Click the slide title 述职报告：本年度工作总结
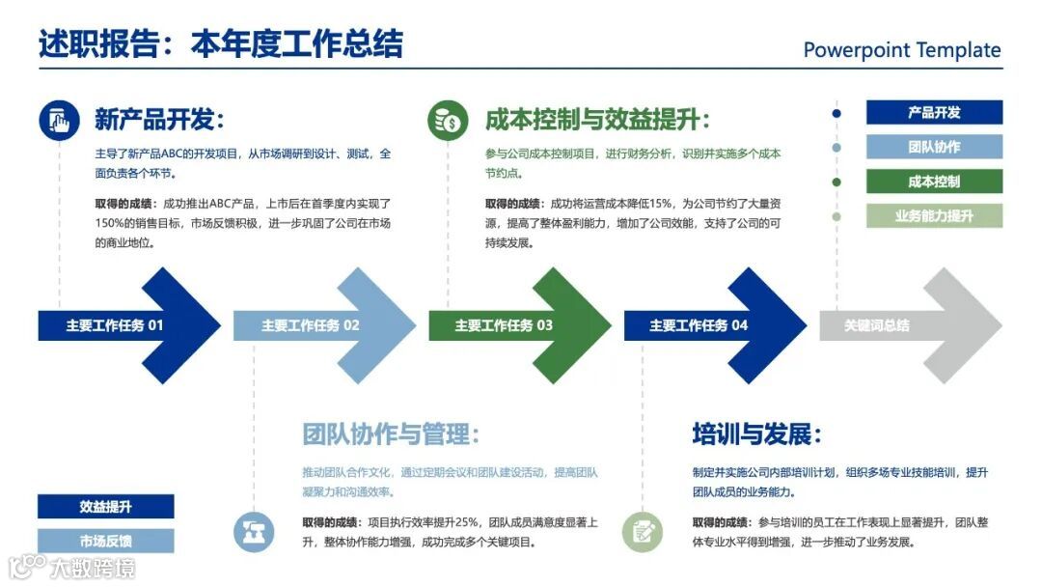[220, 44]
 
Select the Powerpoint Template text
[901, 50]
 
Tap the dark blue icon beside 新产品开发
[60, 121]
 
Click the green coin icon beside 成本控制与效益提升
[448, 121]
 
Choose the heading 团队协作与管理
[391, 433]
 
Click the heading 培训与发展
[756, 433]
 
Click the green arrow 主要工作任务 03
[515, 325]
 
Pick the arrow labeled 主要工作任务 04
[710, 325]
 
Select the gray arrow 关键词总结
[907, 325]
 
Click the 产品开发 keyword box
[934, 112]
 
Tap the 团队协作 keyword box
[934, 147]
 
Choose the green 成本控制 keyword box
[934, 182]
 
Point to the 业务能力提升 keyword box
[934, 216]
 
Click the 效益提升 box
[106, 507]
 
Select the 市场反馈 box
[106, 541]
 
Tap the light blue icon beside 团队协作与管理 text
[254, 532]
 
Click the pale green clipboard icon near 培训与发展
[642, 532]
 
